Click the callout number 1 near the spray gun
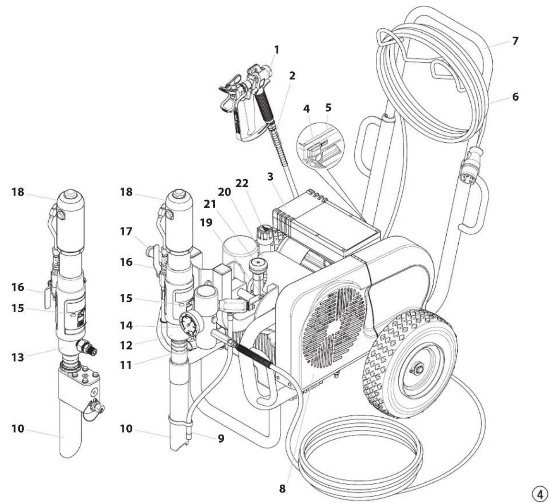(277, 50)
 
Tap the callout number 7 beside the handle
(515, 41)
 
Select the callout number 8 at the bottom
(282, 489)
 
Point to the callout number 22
(242, 183)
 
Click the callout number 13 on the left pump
(18, 357)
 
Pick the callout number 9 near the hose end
(221, 439)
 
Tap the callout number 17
(126, 232)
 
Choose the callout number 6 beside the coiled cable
(515, 97)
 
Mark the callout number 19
(206, 222)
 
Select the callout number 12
(126, 345)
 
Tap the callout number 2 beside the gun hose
(292, 76)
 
